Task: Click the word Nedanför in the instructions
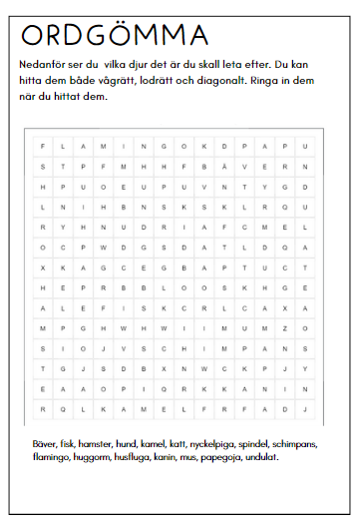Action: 41,64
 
